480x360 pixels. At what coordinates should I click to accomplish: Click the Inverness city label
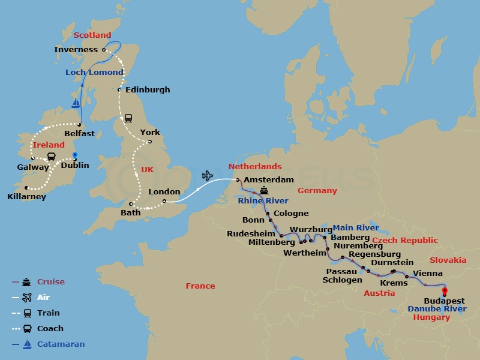pos(76,50)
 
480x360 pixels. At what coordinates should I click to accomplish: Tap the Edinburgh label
pos(148,90)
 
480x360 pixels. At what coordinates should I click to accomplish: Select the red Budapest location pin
pos(445,293)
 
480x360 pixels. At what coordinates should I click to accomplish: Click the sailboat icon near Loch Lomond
pos(76,103)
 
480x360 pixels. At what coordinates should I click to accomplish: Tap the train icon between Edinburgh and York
pos(128,118)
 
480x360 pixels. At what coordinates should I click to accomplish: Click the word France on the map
pos(200,286)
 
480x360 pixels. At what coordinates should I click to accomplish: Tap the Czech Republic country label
pos(405,241)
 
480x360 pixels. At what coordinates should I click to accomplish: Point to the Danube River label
pos(437,309)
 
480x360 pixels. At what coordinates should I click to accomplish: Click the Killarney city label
pos(27,196)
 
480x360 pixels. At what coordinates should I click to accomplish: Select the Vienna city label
pos(428,273)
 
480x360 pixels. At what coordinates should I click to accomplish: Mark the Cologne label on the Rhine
pos(291,214)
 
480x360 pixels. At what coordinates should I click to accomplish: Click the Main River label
pos(356,228)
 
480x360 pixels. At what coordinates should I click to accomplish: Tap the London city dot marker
pos(164,202)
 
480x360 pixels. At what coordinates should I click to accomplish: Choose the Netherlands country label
pos(255,167)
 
